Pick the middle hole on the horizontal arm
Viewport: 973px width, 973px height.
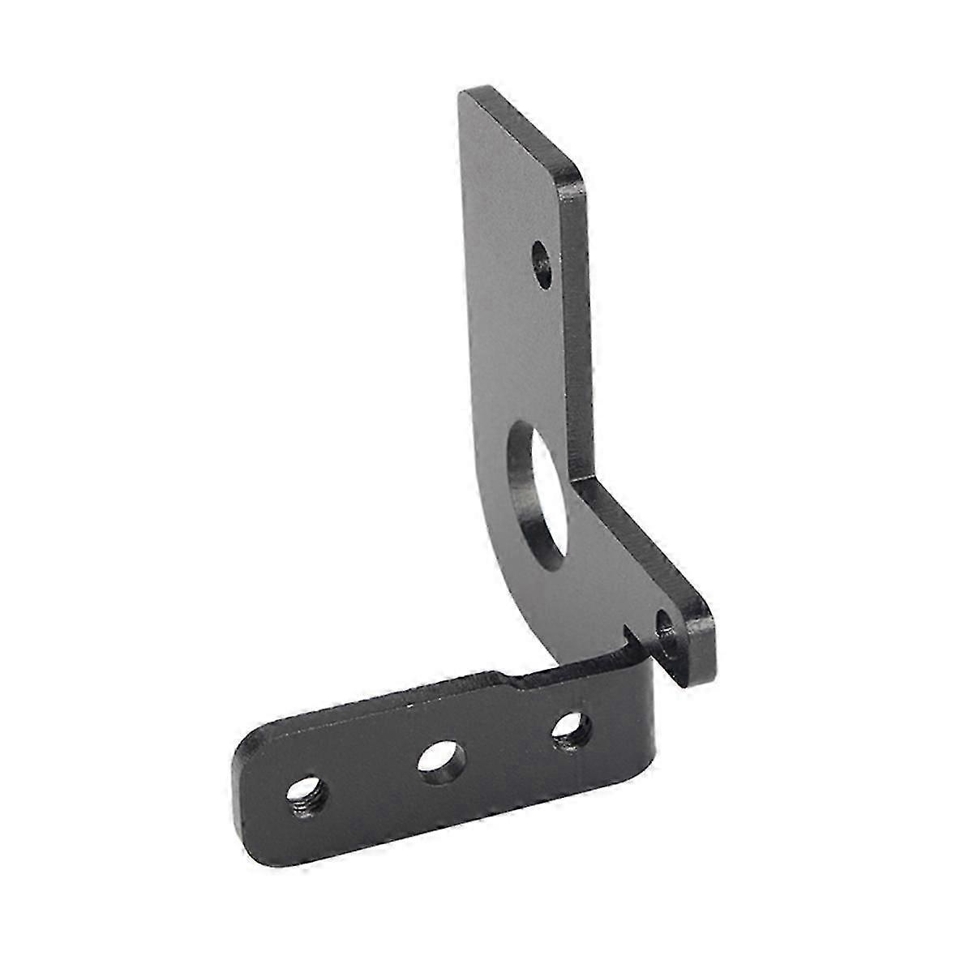(439, 760)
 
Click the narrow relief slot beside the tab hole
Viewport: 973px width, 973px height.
(632, 632)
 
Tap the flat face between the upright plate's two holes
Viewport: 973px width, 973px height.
(519, 365)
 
